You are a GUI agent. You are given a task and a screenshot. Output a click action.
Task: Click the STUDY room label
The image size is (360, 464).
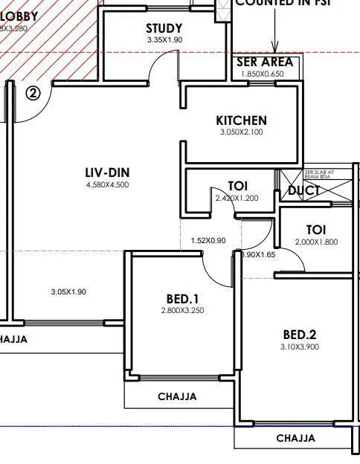tap(164, 28)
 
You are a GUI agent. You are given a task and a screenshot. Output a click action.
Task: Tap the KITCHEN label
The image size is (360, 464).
tap(241, 120)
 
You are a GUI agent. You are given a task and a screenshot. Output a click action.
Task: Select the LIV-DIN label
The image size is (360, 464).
tap(108, 173)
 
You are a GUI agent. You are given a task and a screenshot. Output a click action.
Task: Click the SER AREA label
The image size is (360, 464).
tap(265, 62)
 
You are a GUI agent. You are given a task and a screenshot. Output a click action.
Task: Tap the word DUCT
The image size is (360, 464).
tap(304, 191)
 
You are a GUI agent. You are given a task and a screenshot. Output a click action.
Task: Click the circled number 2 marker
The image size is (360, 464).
tap(33, 93)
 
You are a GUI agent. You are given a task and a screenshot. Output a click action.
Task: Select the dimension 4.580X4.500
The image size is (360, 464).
tap(108, 184)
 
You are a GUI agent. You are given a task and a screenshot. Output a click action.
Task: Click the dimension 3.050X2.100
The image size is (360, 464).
tap(241, 132)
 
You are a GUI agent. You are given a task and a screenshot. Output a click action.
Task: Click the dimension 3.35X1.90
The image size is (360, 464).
tap(164, 39)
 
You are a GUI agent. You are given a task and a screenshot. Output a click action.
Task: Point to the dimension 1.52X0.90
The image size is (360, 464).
tap(208, 241)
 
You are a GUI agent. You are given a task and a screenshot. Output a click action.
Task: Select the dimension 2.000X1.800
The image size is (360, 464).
tap(316, 242)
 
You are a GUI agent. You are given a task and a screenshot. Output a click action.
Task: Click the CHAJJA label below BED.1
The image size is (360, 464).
tap(177, 397)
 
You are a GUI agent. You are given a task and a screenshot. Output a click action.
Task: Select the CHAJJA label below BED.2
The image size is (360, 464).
tap(296, 439)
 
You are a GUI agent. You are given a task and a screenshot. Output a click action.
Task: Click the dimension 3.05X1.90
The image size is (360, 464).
tap(68, 291)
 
